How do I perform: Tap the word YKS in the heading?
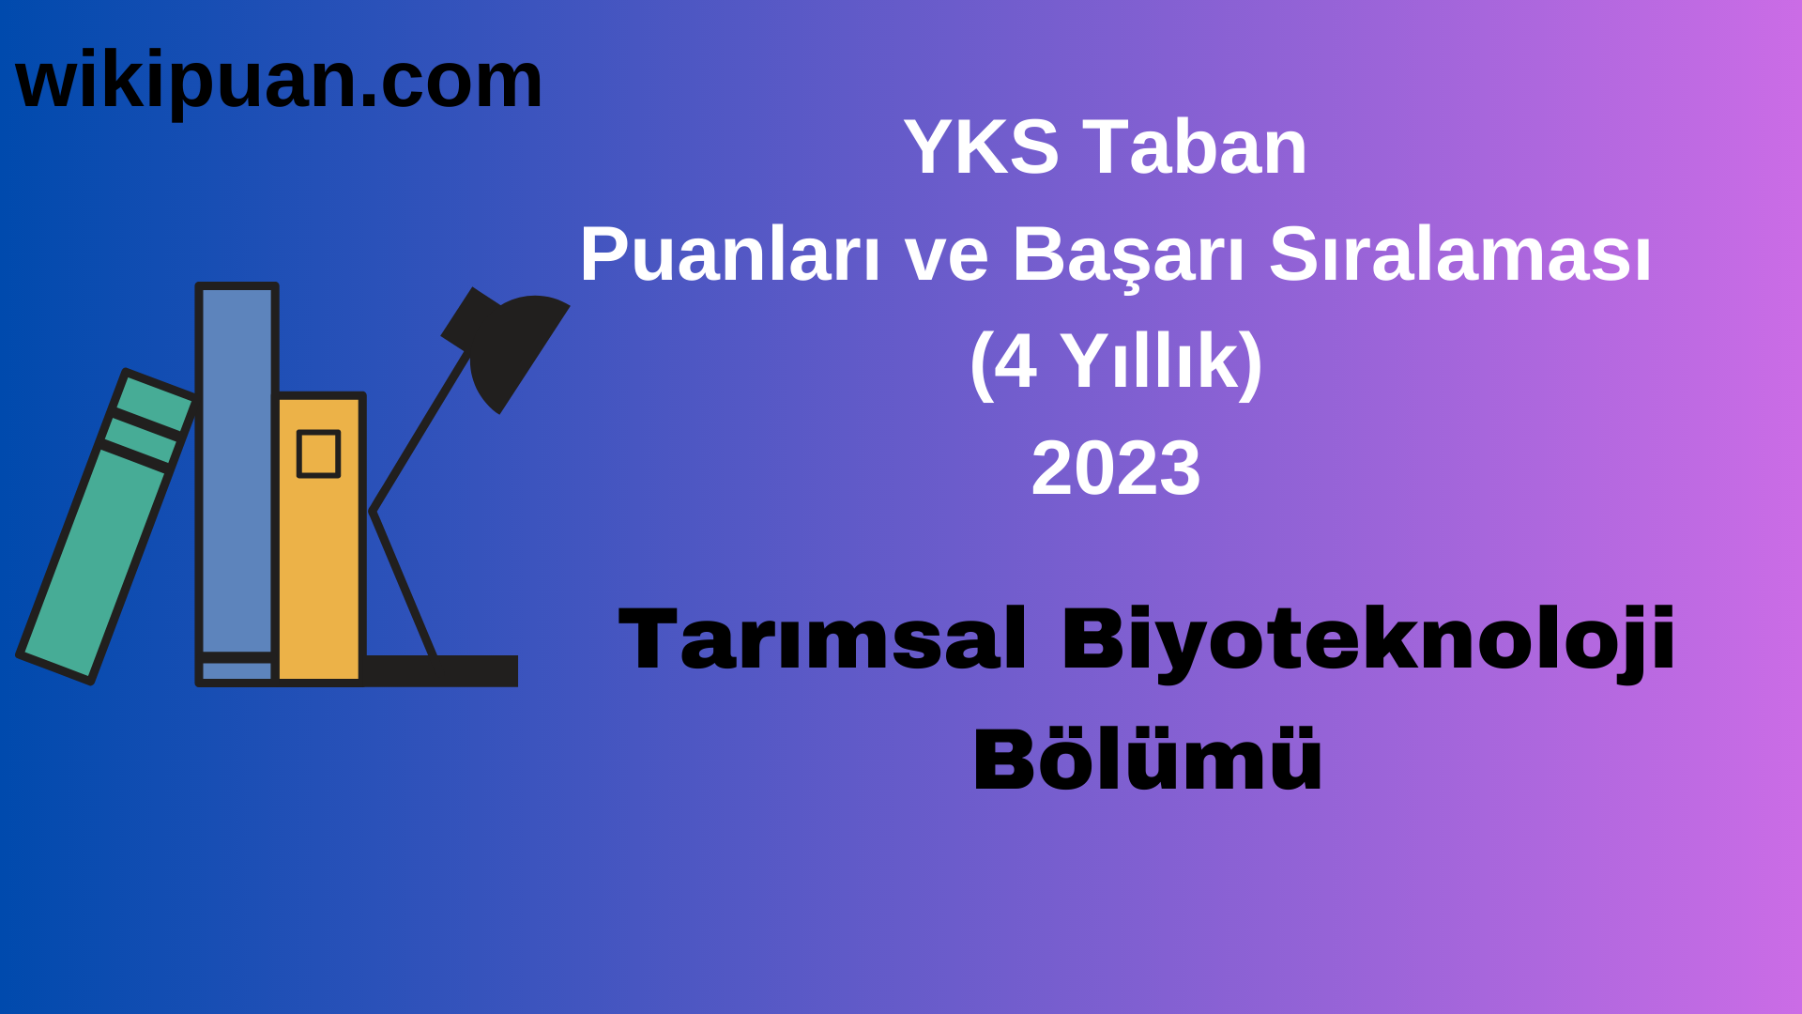(x=981, y=147)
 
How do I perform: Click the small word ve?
(x=946, y=255)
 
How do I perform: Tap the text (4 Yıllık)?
(x=1116, y=362)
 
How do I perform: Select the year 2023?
(x=1116, y=469)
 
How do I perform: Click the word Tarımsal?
(x=822, y=640)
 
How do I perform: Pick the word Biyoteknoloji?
(x=1368, y=640)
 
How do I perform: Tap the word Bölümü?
(x=1147, y=760)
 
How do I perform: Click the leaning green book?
(x=94, y=563)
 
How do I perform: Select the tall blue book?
(x=237, y=469)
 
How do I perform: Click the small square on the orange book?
(x=318, y=454)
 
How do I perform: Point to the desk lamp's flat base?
(x=441, y=670)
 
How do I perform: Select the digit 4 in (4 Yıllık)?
(x=1015, y=362)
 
